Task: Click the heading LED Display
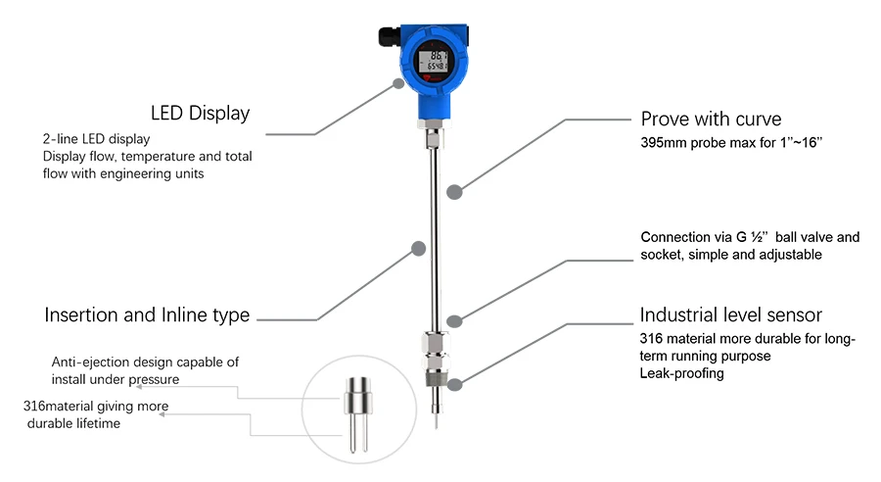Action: click(x=200, y=113)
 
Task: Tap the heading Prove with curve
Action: click(x=711, y=120)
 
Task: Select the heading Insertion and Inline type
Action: click(x=147, y=314)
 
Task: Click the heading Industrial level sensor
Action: click(x=730, y=314)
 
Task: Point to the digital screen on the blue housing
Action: click(x=433, y=61)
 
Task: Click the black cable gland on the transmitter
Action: click(x=390, y=37)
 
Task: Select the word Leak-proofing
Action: click(x=681, y=373)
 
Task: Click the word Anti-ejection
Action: click(x=83, y=362)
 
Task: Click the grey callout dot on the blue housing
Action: click(x=398, y=84)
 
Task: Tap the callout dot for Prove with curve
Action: click(x=454, y=192)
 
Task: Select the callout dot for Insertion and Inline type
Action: click(x=419, y=249)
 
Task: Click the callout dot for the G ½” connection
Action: click(x=454, y=321)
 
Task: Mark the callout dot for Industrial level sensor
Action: click(x=454, y=385)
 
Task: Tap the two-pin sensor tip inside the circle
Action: click(x=358, y=414)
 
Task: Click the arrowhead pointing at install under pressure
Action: click(x=139, y=387)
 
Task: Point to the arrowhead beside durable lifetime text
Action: click(x=162, y=414)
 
